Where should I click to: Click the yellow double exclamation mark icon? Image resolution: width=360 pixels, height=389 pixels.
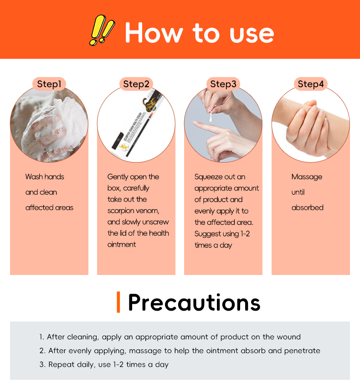pos(102,30)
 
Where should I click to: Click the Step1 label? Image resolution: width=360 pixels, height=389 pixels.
pos(49,84)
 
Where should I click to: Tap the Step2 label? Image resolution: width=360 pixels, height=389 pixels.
pos(136,84)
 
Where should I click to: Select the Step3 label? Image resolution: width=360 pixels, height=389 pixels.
pos(223,84)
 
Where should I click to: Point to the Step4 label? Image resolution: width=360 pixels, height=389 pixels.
pos(311,84)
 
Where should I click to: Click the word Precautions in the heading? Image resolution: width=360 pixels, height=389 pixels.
pos(194,302)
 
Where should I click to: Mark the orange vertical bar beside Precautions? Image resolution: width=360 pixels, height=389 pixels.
pos(118,302)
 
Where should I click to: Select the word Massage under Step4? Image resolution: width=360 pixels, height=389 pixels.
pos(307,177)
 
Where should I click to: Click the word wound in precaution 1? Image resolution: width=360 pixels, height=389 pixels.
pos(288,337)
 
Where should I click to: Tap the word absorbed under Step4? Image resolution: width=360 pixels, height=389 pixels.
pos(308,207)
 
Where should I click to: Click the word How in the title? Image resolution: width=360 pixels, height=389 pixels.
pos(154,33)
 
